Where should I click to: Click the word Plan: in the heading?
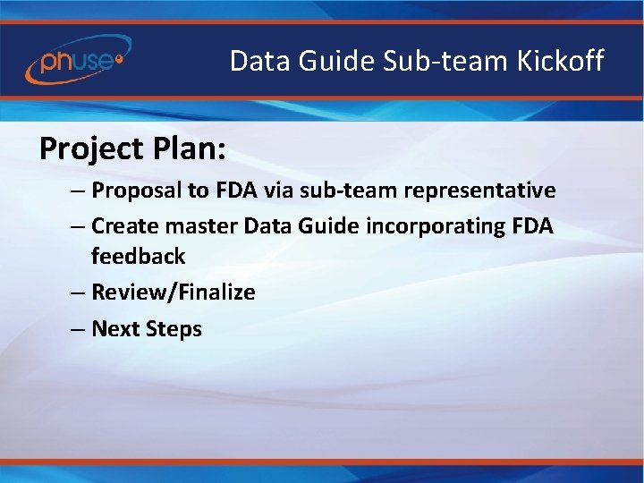(190, 148)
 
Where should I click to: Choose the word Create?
(123, 226)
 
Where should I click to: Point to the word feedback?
(138, 257)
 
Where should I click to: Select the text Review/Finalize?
(174, 292)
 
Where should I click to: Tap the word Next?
(114, 329)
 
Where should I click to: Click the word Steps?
(173, 329)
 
